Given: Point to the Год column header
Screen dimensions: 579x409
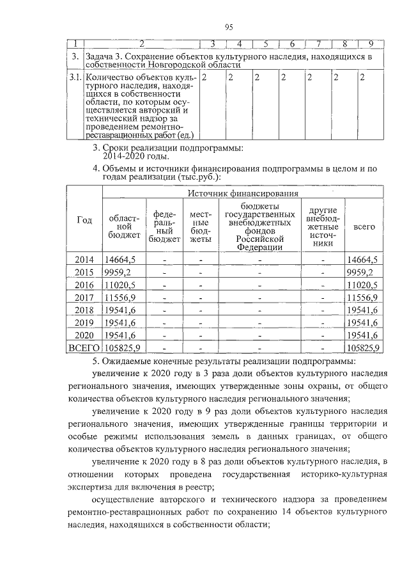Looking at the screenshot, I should coord(84,219).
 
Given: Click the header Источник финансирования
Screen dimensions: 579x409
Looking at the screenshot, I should coord(243,193).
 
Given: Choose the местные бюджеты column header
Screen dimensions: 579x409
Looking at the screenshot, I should coord(201,227).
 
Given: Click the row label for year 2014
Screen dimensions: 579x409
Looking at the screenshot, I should coord(84,260).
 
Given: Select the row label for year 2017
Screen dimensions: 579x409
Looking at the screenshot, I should coord(84,297).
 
